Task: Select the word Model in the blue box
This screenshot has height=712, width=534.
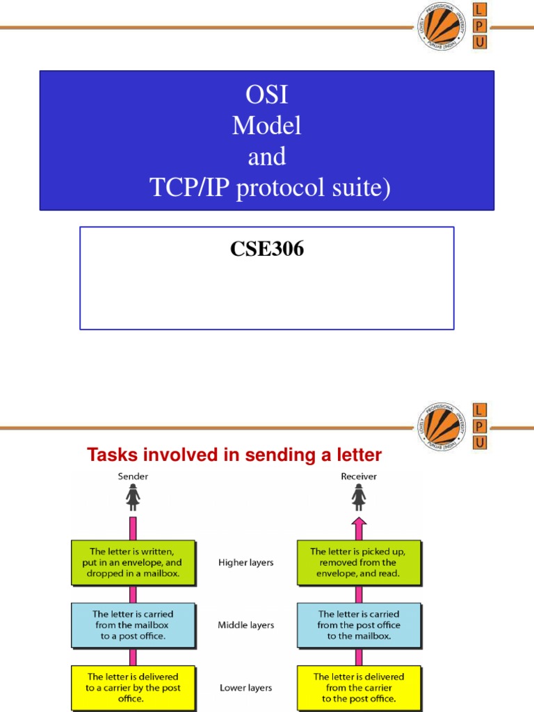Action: click(267, 125)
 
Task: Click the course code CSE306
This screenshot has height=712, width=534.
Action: click(267, 249)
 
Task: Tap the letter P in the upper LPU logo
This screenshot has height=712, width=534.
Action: click(480, 26)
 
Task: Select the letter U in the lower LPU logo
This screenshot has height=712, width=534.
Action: click(480, 442)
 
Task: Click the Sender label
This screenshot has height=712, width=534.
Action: click(133, 476)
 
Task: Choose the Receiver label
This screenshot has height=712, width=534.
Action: click(359, 476)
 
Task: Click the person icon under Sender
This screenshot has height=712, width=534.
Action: click(133, 497)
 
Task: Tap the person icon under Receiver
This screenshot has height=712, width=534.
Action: click(359, 497)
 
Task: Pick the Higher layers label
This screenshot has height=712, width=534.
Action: click(246, 563)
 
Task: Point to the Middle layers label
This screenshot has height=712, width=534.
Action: click(246, 625)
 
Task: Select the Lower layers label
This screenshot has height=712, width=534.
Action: click(246, 688)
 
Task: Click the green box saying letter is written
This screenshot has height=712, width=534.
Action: click(133, 563)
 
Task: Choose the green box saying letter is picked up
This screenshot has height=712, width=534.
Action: click(359, 563)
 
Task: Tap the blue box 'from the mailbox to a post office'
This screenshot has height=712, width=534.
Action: click(133, 625)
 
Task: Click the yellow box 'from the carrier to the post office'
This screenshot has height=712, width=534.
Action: click(359, 688)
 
